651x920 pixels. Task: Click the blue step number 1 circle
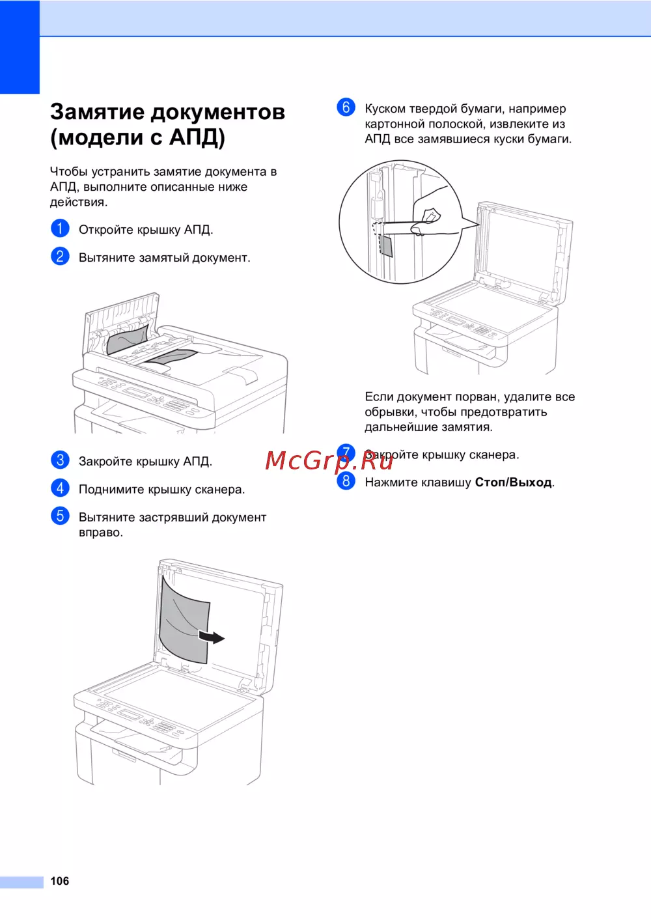pyautogui.click(x=60, y=229)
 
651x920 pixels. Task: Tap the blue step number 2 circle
pyautogui.click(x=60, y=257)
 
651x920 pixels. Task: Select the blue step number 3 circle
pyautogui.click(x=60, y=460)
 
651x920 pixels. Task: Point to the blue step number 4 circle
pyautogui.click(x=60, y=488)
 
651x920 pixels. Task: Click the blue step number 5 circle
pyautogui.click(x=60, y=516)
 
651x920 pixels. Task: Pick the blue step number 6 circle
pyautogui.click(x=346, y=107)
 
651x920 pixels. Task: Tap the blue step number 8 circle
pyautogui.click(x=346, y=481)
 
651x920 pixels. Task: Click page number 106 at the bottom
pyautogui.click(x=59, y=880)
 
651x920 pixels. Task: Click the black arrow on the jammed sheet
pyautogui.click(x=212, y=637)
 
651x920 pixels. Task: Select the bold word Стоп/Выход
pyautogui.click(x=513, y=482)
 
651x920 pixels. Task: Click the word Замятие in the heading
pyautogui.click(x=98, y=112)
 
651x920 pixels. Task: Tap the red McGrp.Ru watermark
pyautogui.click(x=329, y=460)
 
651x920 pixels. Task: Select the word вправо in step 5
pyautogui.click(x=101, y=533)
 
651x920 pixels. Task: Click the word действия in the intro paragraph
pyautogui.click(x=79, y=202)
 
